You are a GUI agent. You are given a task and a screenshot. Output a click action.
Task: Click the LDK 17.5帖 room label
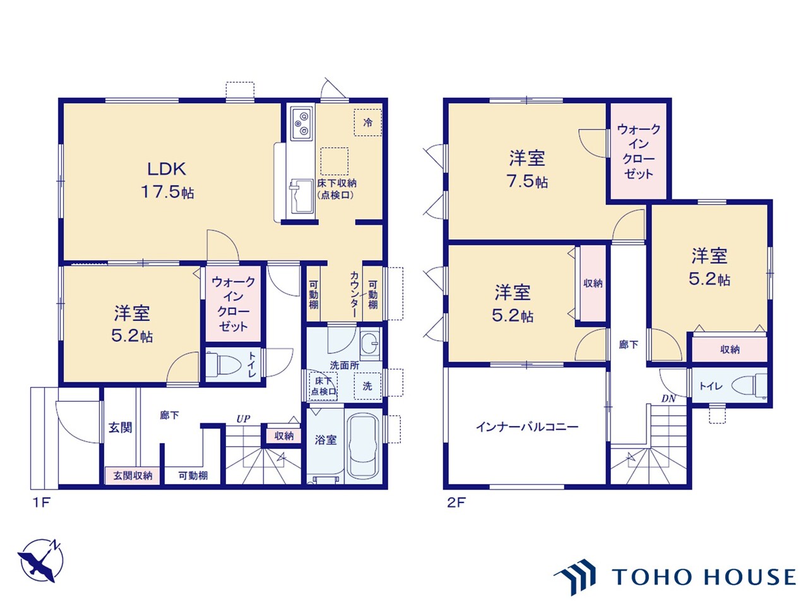(x=167, y=181)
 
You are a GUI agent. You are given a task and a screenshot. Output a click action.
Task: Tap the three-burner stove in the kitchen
(x=302, y=123)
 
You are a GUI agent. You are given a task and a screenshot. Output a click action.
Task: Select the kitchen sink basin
(x=302, y=197)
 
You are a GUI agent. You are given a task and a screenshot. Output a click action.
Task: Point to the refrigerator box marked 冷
(x=367, y=122)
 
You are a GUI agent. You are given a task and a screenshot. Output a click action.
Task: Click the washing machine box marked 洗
(x=367, y=386)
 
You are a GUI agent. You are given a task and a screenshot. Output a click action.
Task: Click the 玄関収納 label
(x=133, y=475)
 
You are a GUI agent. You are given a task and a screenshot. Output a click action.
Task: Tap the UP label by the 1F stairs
(x=243, y=419)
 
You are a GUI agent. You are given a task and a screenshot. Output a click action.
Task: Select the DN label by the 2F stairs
(x=668, y=398)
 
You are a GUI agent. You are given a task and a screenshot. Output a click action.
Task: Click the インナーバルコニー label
(x=527, y=427)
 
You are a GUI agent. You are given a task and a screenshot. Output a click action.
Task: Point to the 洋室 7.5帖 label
(x=527, y=169)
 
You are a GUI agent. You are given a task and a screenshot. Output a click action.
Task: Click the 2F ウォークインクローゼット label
(x=639, y=151)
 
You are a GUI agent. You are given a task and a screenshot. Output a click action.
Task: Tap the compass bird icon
(x=40, y=561)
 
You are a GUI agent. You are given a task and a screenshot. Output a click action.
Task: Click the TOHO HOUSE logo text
(x=704, y=577)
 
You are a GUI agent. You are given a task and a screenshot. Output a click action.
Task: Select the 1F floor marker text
(x=41, y=502)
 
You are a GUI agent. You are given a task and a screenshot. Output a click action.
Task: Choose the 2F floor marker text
(x=456, y=502)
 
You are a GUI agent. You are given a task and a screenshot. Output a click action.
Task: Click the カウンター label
(x=354, y=294)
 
